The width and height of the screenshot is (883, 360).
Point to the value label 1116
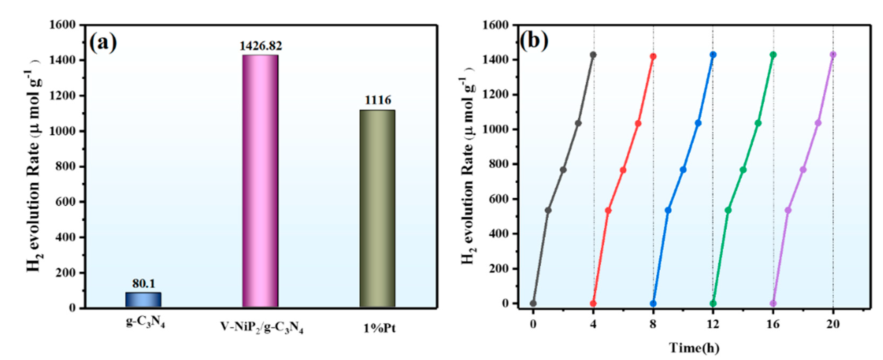tap(377, 100)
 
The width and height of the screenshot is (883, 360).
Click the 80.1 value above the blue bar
tap(144, 283)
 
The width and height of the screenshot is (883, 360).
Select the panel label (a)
tap(103, 43)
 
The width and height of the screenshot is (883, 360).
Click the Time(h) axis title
tap(695, 348)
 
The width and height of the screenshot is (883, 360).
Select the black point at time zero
tap(533, 304)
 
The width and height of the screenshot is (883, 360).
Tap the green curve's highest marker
tap(773, 55)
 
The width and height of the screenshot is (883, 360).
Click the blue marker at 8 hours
tap(653, 304)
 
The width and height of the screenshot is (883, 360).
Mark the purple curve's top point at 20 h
tap(833, 55)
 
